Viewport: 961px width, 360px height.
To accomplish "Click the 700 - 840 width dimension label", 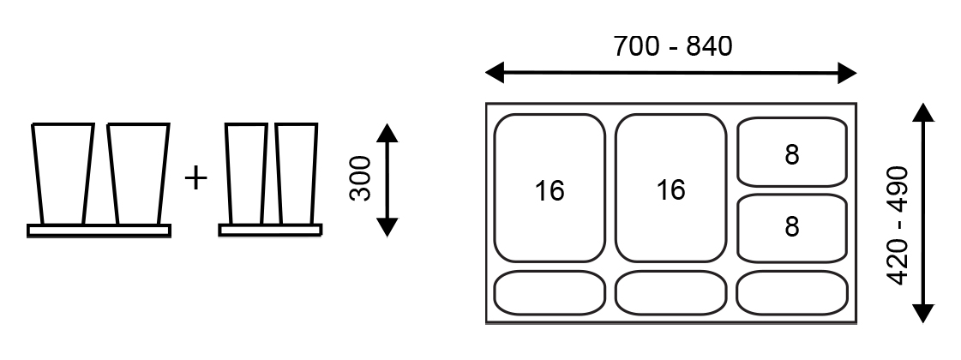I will [x=672, y=45].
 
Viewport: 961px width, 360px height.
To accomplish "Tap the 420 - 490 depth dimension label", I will [x=898, y=225].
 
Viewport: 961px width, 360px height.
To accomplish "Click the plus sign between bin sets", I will [x=196, y=178].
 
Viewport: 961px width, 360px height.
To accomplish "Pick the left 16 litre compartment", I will [x=550, y=189].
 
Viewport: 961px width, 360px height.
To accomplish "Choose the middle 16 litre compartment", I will [x=670, y=189].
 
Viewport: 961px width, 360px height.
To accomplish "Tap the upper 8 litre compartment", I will [x=791, y=152].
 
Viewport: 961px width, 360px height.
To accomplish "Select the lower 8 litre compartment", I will [x=791, y=227].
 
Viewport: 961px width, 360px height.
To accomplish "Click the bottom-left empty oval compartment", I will [x=550, y=293].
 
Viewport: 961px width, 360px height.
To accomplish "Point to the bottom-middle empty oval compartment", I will [x=670, y=293].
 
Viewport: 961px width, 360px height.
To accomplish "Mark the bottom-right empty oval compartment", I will [x=791, y=293].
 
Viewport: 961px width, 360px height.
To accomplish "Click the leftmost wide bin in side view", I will [x=63, y=174].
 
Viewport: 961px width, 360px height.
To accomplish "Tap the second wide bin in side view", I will [x=137, y=174].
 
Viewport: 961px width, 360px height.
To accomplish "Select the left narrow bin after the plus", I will [x=246, y=174].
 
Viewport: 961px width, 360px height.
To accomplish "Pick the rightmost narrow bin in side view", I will [x=297, y=174].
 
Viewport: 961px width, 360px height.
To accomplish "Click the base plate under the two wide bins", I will [x=99, y=231].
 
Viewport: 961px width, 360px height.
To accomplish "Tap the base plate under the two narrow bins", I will [x=270, y=230].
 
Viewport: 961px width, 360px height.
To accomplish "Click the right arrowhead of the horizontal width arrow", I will [x=848, y=73].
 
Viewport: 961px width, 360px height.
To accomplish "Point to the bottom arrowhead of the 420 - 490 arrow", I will [x=922, y=312].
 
